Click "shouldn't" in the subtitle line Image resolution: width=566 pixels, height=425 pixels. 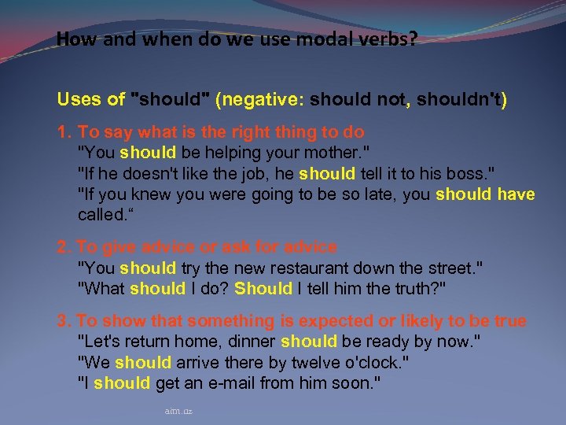pos(463,100)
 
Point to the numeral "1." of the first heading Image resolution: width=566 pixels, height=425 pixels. pos(64,132)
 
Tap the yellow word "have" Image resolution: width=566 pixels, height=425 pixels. pos(516,194)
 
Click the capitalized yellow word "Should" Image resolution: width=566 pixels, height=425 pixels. pos(263,289)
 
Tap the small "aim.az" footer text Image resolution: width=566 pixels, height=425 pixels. pos(178,411)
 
